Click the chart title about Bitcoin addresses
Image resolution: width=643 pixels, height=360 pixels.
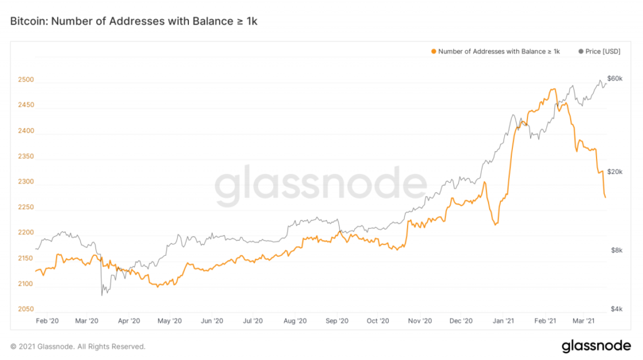[134, 21]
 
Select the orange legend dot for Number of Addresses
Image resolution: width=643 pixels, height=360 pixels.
[433, 51]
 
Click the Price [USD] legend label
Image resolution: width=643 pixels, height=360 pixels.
[603, 51]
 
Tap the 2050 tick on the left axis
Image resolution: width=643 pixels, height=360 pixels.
[26, 309]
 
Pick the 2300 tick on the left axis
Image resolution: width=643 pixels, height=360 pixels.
[26, 182]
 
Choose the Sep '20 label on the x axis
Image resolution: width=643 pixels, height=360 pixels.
[337, 321]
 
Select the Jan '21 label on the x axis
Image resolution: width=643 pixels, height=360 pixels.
[503, 321]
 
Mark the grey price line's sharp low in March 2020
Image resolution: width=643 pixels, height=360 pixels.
[101, 295]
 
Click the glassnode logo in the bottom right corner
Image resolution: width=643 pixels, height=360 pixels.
[596, 346]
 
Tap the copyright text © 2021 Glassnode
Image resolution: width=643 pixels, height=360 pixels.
[78, 346]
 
